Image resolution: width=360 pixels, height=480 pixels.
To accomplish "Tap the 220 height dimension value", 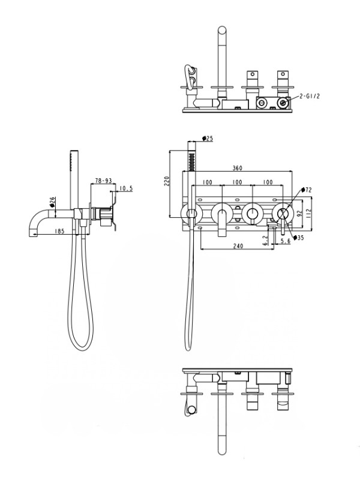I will tap(168, 181).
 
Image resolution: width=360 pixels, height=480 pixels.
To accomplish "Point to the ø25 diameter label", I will tap(208, 139).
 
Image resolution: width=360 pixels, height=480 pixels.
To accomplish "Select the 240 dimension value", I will tap(237, 245).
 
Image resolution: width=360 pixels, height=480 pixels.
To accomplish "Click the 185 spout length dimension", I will tap(59, 231).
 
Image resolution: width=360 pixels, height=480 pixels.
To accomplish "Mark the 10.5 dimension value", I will tap(126, 189).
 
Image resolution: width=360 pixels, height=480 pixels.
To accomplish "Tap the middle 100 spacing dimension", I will tap(237, 181).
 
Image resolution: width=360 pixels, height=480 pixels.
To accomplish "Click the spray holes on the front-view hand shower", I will tap(192, 160).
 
